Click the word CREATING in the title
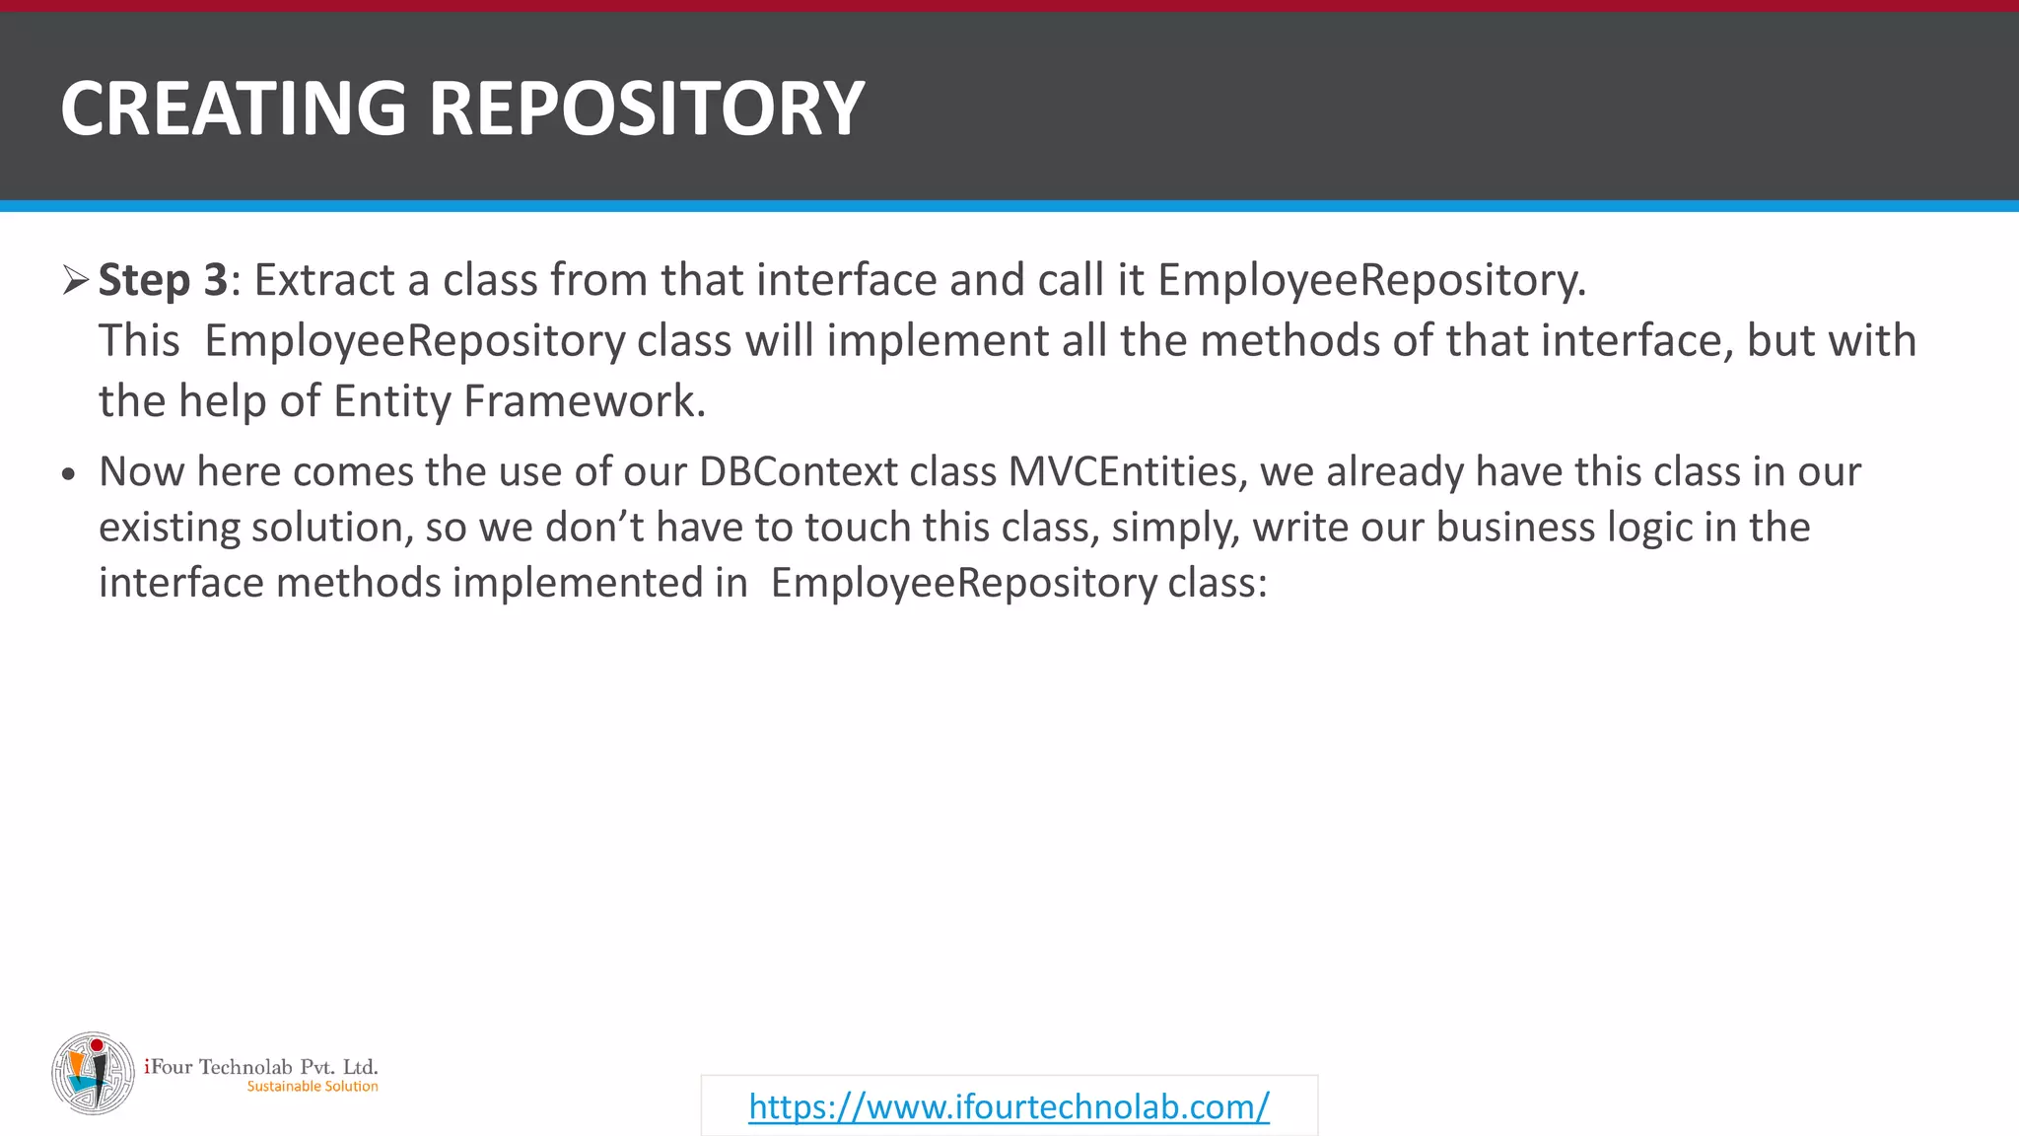tap(233, 108)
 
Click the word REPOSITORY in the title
tap(646, 108)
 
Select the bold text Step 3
tap(164, 280)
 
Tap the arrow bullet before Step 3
tap(75, 280)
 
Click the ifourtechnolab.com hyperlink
tap(1009, 1106)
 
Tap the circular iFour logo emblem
tap(93, 1074)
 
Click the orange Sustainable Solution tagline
tap(313, 1087)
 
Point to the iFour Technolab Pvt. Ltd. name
tap(261, 1066)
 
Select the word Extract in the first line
tap(324, 280)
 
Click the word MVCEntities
tap(1122, 471)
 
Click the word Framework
tap(584, 401)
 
